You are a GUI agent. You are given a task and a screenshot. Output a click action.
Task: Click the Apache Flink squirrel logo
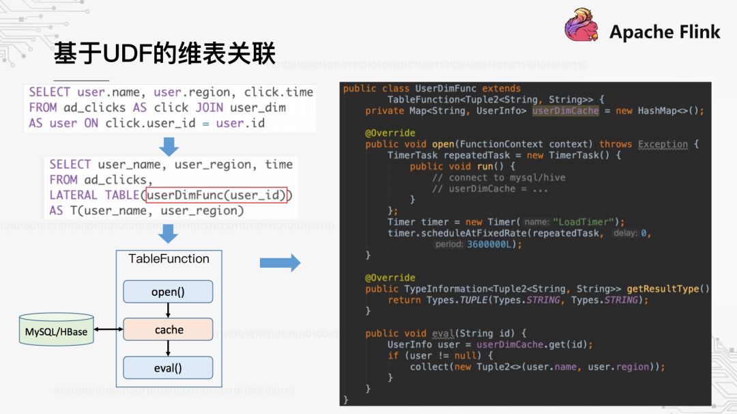click(x=582, y=28)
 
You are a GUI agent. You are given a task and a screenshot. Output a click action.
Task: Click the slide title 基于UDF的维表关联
click(x=164, y=53)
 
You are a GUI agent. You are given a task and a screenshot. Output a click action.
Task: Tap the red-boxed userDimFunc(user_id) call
click(x=217, y=195)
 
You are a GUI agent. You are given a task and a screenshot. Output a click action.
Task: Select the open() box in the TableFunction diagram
click(x=168, y=292)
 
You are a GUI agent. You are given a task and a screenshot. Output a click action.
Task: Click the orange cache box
click(x=168, y=330)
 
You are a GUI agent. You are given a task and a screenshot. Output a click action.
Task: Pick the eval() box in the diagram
click(x=168, y=368)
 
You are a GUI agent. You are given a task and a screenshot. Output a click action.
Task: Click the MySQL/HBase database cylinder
click(x=57, y=331)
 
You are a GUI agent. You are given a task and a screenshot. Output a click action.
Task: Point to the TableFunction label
click(x=169, y=259)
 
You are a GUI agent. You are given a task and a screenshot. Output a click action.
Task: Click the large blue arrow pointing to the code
click(x=280, y=262)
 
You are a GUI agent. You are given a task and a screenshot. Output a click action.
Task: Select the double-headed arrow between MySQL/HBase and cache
click(x=109, y=331)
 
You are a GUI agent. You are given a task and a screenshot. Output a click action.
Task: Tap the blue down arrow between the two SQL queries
click(x=169, y=146)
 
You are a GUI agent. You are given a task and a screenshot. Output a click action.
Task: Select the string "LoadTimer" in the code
click(x=583, y=222)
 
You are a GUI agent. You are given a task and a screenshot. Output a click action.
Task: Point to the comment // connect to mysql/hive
click(x=498, y=178)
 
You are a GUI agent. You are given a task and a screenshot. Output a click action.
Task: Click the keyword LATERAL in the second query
click(x=73, y=195)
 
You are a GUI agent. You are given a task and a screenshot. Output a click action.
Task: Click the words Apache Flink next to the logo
click(x=665, y=31)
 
